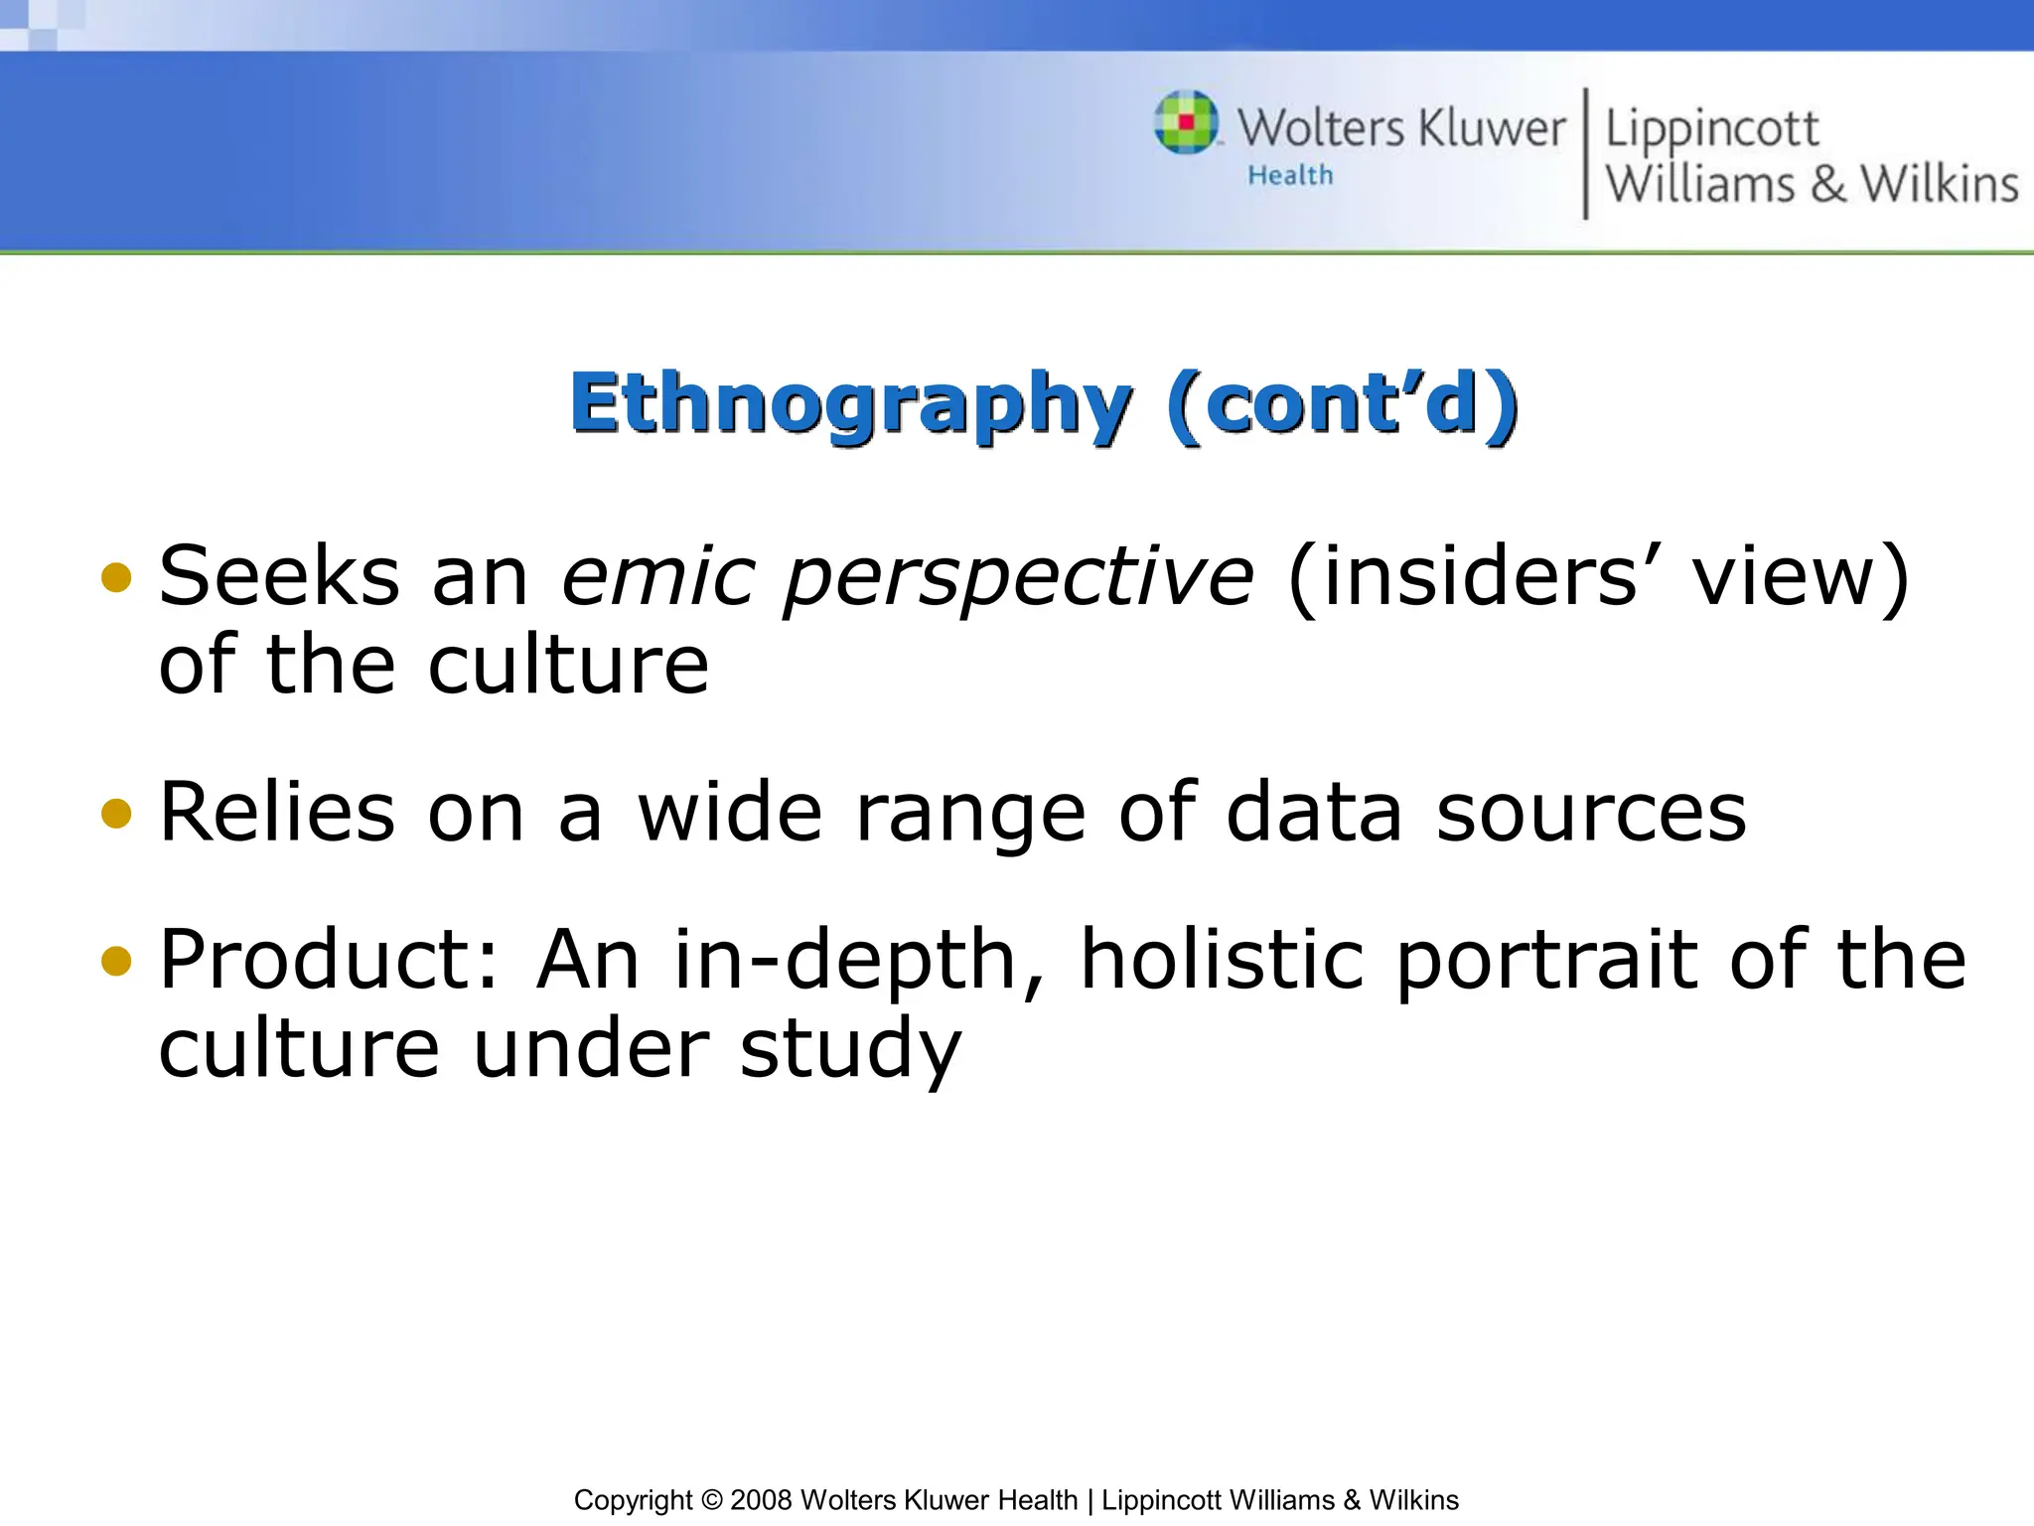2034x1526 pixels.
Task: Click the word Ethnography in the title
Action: [850, 404]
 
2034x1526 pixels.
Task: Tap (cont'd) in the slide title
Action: [1343, 404]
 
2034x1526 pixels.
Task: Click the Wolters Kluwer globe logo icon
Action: [1186, 122]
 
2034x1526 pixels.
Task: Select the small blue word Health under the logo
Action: [1290, 176]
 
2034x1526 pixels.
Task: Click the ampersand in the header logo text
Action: [1828, 185]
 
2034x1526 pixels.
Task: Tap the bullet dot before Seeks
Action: [116, 577]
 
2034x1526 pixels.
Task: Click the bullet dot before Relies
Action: [116, 814]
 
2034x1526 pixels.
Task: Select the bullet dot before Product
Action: [116, 961]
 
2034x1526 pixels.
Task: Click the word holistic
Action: [1222, 960]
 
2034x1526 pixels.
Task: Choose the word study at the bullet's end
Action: [851, 1051]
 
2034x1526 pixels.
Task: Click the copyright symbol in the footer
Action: [711, 1500]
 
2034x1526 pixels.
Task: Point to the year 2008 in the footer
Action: [761, 1500]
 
